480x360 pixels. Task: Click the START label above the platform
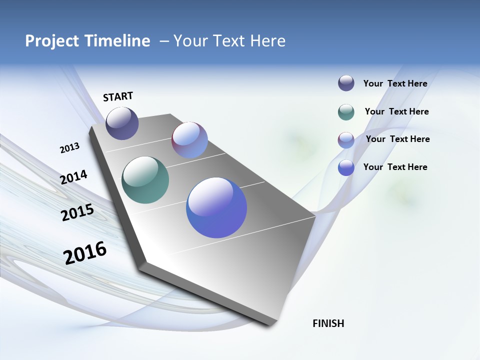click(x=118, y=96)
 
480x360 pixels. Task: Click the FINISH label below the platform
click(x=328, y=323)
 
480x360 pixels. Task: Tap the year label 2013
click(x=69, y=148)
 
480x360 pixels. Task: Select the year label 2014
click(x=73, y=177)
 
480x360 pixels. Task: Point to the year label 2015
click(x=77, y=212)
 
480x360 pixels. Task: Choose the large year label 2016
click(x=85, y=253)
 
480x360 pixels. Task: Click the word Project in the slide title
click(x=52, y=41)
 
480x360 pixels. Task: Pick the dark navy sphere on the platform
click(x=122, y=123)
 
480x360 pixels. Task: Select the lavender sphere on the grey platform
click(x=189, y=140)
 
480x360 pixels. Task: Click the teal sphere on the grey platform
click(x=145, y=180)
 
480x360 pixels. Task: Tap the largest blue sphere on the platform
click(x=216, y=207)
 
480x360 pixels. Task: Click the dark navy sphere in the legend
click(x=346, y=83)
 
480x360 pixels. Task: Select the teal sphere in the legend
click(x=346, y=112)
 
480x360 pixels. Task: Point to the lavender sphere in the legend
click(x=346, y=140)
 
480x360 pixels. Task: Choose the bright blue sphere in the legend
click(x=346, y=168)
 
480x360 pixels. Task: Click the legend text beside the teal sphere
click(x=396, y=111)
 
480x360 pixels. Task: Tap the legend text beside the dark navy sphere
click(x=395, y=83)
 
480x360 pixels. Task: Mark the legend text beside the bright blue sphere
click(x=395, y=167)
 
